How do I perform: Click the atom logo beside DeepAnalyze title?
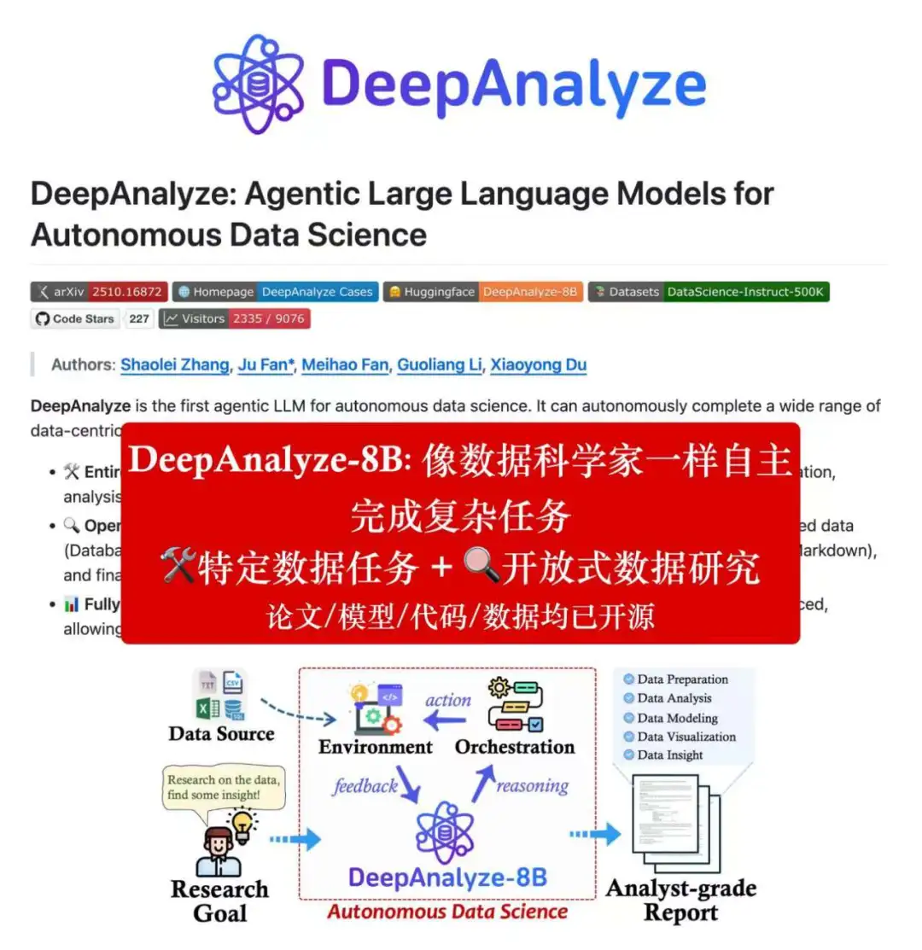click(258, 84)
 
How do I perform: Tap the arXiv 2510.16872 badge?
click(99, 292)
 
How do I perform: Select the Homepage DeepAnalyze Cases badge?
click(275, 292)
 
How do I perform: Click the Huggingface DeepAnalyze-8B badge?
click(482, 292)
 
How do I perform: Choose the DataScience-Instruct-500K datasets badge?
click(709, 292)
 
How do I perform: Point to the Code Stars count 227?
click(139, 319)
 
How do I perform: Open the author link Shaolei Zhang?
click(175, 365)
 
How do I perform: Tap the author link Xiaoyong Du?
click(539, 365)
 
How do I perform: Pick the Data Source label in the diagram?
click(221, 734)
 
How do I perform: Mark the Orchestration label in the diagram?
click(514, 748)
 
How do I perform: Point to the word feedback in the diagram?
click(365, 786)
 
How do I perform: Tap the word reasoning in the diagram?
click(532, 786)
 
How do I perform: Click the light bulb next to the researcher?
click(243, 825)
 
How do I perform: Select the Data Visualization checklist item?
click(686, 737)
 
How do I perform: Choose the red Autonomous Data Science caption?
click(446, 912)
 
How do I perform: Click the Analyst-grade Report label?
click(680, 900)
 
